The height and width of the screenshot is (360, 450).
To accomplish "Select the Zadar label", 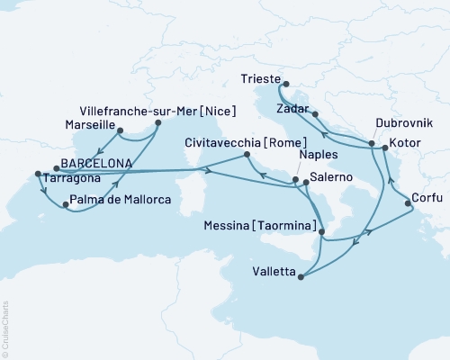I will pyautogui.click(x=294, y=105).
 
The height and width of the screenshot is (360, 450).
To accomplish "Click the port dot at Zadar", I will pyautogui.click(x=315, y=113).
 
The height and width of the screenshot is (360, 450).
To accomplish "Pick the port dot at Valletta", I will pyautogui.click(x=301, y=276).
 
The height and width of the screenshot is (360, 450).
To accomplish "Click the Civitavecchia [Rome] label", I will pyautogui.click(x=241, y=142).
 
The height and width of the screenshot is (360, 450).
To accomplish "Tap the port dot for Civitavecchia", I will pyautogui.click(x=247, y=156).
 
